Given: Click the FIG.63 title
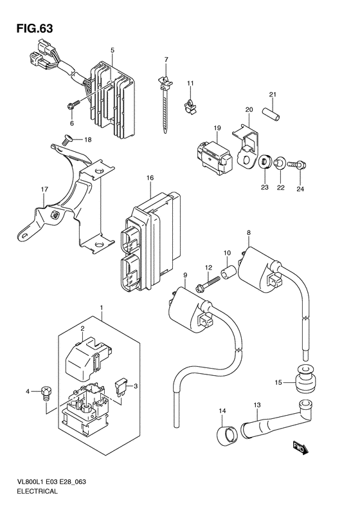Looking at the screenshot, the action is click(35, 28).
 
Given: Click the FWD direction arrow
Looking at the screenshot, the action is click(301, 448).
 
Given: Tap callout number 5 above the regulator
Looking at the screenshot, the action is click(113, 50).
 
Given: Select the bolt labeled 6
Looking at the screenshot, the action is click(73, 105).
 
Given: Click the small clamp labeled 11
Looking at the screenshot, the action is click(190, 105).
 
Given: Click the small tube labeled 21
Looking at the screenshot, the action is click(271, 115).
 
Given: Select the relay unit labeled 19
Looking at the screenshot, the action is click(215, 157).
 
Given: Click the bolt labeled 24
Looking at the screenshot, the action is click(298, 165).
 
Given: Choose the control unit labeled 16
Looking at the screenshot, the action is click(150, 241).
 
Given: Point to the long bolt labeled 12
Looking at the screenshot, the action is click(208, 282).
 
